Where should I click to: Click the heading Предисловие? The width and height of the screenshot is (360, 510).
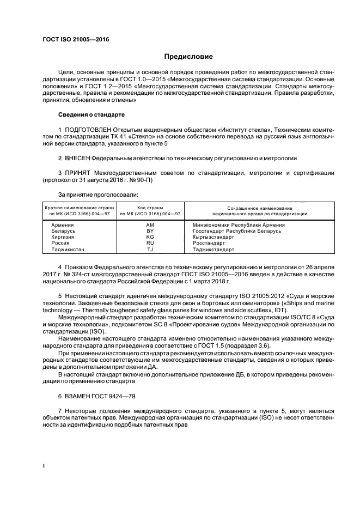pos(188,57)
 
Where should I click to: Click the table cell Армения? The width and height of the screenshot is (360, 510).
pos(63,224)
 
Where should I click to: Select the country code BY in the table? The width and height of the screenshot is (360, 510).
pos(150,231)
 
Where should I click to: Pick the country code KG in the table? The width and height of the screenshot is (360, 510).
pos(150,237)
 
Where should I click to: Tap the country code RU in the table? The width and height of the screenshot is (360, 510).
pos(150,244)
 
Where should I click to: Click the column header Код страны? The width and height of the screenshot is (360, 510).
pos(150,208)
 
